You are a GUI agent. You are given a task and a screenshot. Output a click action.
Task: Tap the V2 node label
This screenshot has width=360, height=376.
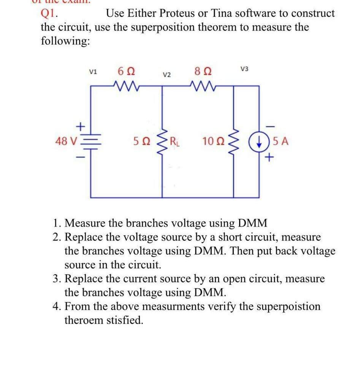pos(167,75)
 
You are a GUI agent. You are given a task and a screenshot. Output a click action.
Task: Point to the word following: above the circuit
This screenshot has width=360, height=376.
pos(65,41)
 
